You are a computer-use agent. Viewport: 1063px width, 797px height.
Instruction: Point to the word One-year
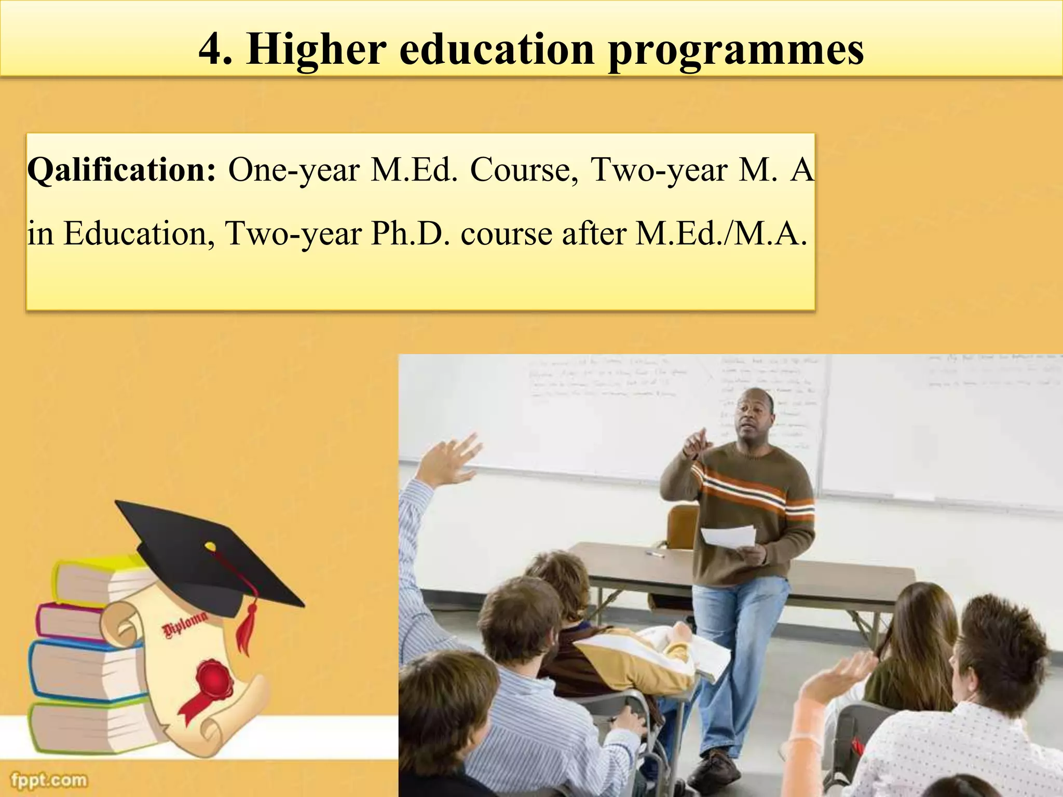(294, 170)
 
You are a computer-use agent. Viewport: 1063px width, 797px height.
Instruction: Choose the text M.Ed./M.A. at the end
(721, 234)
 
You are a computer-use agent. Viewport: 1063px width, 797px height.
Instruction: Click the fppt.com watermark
(49, 780)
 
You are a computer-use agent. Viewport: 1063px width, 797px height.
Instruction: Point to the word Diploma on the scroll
(185, 624)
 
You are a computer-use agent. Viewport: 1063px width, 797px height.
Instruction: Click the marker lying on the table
(655, 554)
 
